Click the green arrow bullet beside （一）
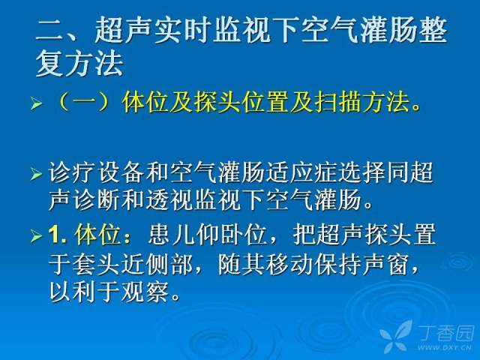(x=36, y=103)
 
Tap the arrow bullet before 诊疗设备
(x=36, y=174)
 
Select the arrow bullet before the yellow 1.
(x=36, y=235)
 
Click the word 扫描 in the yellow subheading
(x=338, y=102)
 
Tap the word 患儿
(x=172, y=235)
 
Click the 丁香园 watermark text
(x=446, y=333)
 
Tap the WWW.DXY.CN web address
(x=444, y=347)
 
